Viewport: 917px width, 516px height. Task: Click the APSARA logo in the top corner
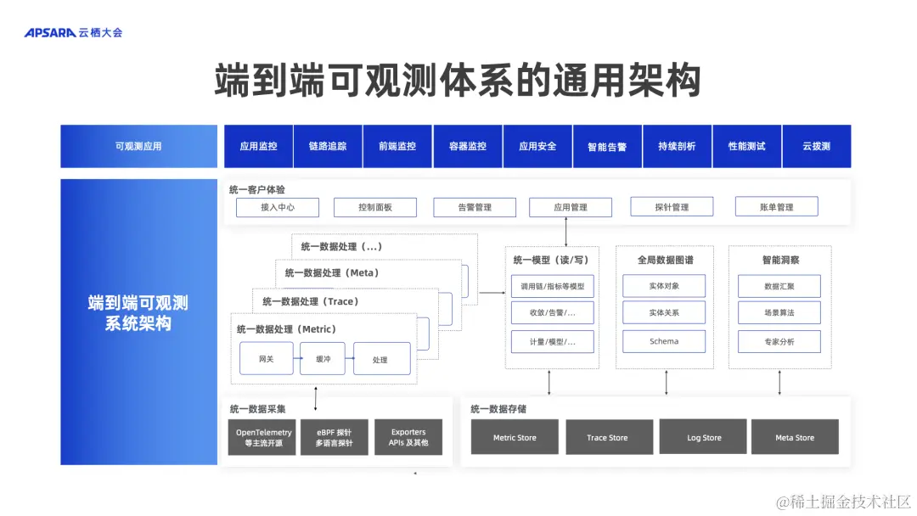73,32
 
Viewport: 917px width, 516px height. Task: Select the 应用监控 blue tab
258,146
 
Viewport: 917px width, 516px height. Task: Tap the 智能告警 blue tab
607,146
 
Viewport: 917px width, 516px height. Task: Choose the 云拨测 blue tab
816,146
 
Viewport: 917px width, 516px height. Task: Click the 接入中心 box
277,207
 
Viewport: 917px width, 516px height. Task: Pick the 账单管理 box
776,207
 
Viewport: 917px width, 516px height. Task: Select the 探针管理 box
672,207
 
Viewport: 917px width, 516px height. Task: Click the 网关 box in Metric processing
267,359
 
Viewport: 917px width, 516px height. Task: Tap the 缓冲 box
323,359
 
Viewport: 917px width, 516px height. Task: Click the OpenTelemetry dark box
263,437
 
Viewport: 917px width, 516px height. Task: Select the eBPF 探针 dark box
335,437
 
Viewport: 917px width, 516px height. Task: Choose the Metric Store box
515,437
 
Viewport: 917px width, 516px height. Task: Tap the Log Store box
704,437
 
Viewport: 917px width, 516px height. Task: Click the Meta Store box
794,437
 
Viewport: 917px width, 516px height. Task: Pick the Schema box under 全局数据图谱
664,341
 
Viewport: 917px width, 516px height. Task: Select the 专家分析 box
779,341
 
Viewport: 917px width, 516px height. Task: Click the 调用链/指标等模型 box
547,287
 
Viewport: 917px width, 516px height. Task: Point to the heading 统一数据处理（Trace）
310,301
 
